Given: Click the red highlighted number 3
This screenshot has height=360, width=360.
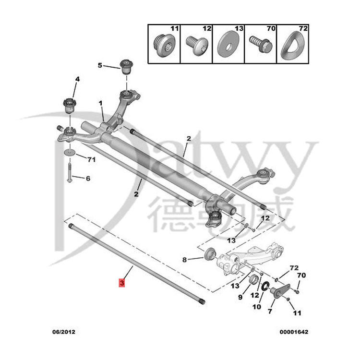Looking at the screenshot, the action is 122,283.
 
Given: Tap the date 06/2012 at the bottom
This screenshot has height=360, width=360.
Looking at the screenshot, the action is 63,332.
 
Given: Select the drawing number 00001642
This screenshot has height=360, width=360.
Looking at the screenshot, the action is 294,332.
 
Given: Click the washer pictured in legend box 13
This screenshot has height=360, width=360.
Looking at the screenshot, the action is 228,44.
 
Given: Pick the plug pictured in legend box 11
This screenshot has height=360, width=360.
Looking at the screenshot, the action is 164,45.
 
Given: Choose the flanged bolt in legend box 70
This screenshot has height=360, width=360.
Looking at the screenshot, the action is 261,44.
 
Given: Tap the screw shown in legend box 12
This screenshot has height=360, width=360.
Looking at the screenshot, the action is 197,45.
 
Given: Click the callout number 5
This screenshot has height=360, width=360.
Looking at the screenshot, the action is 100,65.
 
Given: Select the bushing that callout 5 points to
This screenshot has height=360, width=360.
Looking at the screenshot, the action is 127,67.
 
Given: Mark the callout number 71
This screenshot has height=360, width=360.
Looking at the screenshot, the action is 92,159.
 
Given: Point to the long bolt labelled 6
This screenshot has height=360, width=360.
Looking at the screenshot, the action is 70,172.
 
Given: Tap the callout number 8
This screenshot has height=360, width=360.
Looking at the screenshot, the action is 184,260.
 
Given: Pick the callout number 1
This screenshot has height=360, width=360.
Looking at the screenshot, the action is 100,103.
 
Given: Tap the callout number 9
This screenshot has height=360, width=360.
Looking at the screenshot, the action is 240,297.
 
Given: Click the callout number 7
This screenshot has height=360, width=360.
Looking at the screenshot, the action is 270,312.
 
